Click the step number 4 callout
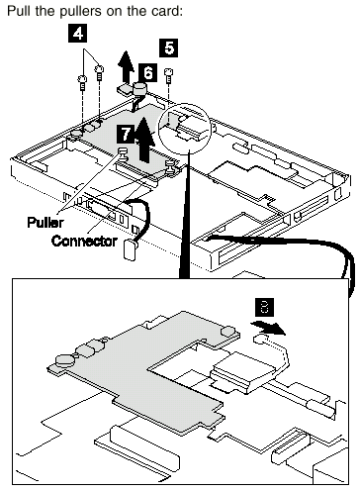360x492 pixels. pos(78,34)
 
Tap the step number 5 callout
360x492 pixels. pos(169,48)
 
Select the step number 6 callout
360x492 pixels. pos(148,72)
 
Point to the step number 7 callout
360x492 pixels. pos(126,134)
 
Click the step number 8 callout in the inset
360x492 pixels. pos(264,307)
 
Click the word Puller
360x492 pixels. pos(45,223)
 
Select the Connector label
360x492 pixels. pos(84,241)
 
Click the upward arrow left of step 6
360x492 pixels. pos(127,66)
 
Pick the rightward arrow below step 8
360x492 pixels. pos(269,328)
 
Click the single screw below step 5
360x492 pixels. pos(169,75)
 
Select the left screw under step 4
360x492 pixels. pos(82,82)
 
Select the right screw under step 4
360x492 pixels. pos(99,72)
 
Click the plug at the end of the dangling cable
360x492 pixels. pos(130,250)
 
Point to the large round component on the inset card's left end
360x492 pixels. pos(63,359)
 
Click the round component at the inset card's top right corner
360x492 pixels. pos(227,331)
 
